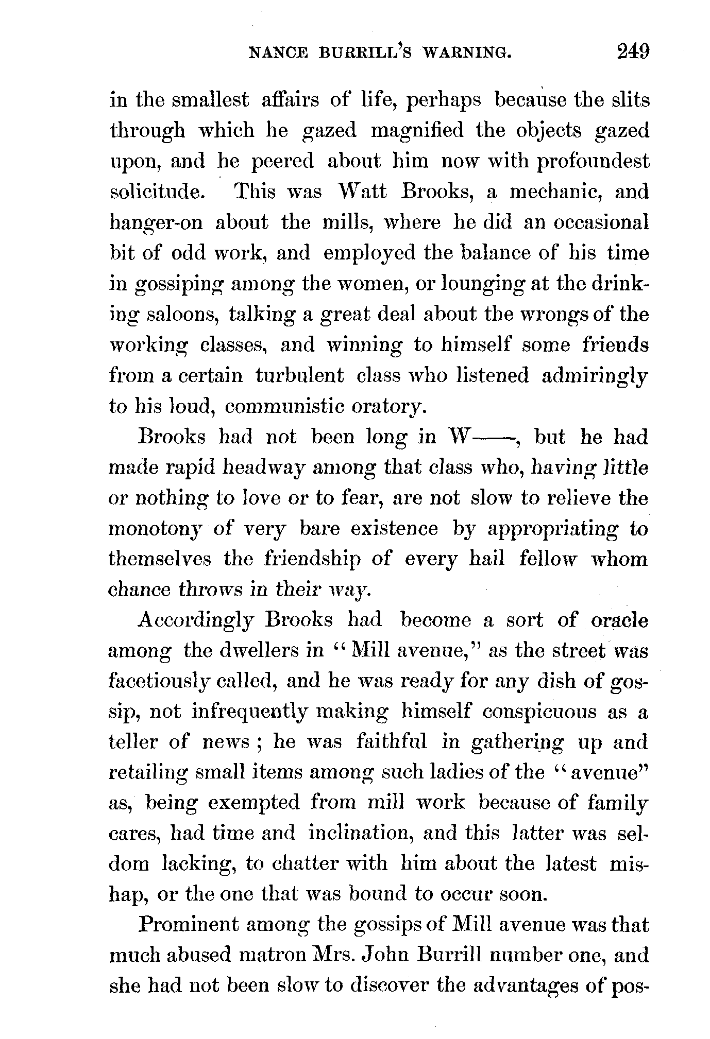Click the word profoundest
coord(593,162)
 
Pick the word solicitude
coord(156,192)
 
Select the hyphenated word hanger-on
coord(156,223)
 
